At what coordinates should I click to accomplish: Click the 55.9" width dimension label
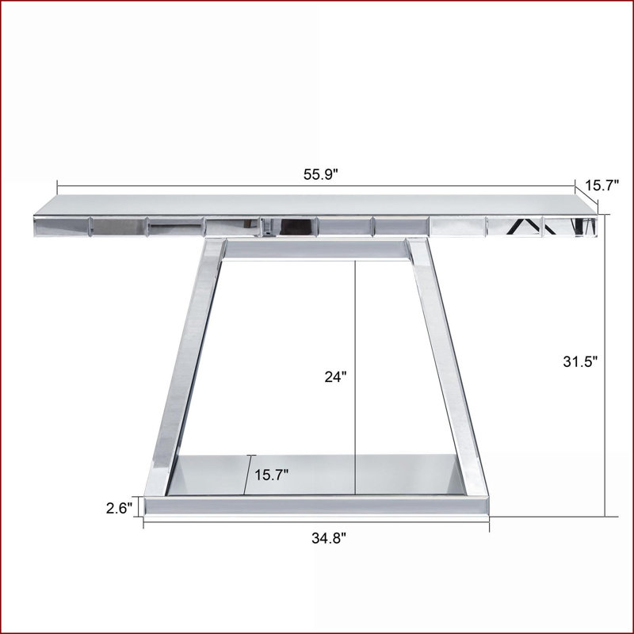tap(320, 174)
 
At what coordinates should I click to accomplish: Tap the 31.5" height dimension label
tap(580, 361)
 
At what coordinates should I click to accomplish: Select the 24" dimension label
tap(335, 377)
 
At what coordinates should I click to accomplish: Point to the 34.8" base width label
tap(329, 538)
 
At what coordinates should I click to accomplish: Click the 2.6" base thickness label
tap(120, 508)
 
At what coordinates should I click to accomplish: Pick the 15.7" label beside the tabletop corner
tap(602, 185)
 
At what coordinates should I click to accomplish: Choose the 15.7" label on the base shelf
tap(271, 475)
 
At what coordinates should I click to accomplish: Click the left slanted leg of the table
tap(185, 366)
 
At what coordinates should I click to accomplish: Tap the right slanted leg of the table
tap(447, 366)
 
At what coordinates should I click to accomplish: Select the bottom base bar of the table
tap(316, 506)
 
